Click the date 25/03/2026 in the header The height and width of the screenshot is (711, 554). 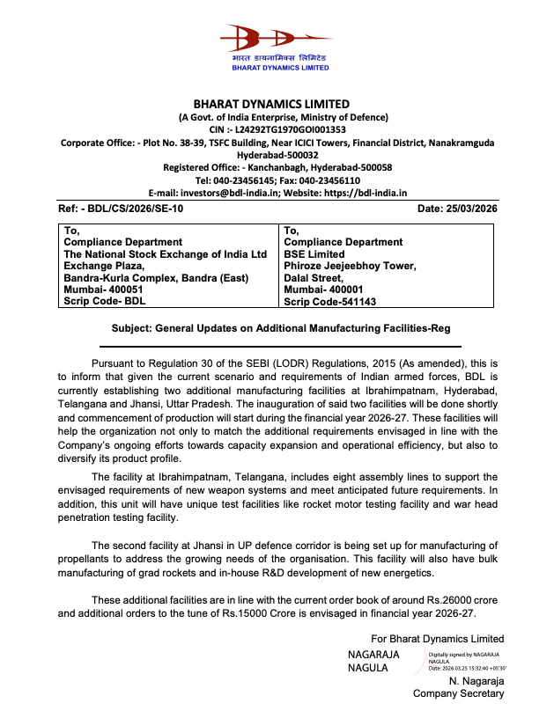pyautogui.click(x=469, y=209)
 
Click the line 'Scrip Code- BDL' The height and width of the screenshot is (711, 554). pyautogui.click(x=104, y=301)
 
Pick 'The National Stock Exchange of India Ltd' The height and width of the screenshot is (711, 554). pyautogui.click(x=165, y=254)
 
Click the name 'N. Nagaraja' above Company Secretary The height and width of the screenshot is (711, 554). pyautogui.click(x=476, y=681)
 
